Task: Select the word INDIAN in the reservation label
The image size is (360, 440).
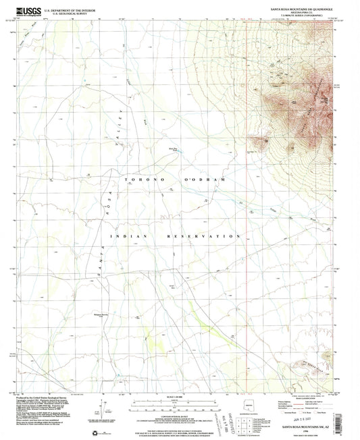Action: pos(125,237)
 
